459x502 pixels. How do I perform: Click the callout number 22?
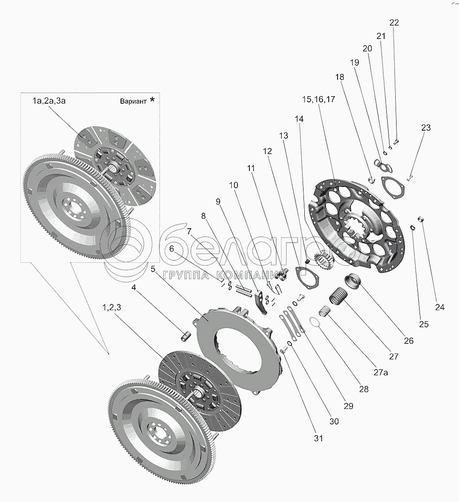[x=394, y=23]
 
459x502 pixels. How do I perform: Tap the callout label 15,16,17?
[x=319, y=99]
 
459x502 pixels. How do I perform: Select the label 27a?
[x=381, y=372]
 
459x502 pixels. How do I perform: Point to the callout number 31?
[x=318, y=438]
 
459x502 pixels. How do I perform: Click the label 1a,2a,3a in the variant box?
[x=49, y=101]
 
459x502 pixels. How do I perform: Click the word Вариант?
[x=133, y=101]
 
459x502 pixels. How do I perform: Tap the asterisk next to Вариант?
[x=152, y=100]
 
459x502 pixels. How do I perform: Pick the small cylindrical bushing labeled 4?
[x=186, y=337]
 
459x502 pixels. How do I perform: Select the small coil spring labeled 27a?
[x=325, y=311]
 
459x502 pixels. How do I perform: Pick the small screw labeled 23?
[x=410, y=178]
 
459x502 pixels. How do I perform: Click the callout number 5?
[x=153, y=269]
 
